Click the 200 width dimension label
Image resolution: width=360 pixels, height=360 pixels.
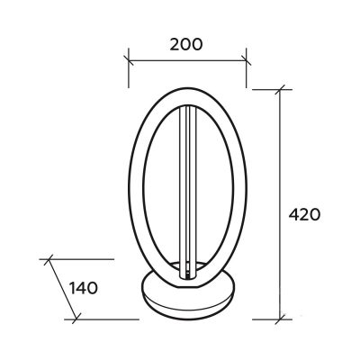(x=186, y=45)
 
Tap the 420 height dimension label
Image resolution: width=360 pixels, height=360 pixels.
(x=304, y=214)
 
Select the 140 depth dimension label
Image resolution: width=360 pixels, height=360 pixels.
(x=84, y=288)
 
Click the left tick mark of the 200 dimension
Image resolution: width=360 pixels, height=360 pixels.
(x=129, y=60)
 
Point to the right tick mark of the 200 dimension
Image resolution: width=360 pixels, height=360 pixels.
(x=247, y=60)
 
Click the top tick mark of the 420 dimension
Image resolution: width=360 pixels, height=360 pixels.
(x=280, y=89)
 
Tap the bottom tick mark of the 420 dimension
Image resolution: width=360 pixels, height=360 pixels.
(x=280, y=319)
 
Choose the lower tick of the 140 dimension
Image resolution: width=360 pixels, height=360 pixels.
(x=76, y=319)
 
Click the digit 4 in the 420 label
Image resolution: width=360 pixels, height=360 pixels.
(x=293, y=214)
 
